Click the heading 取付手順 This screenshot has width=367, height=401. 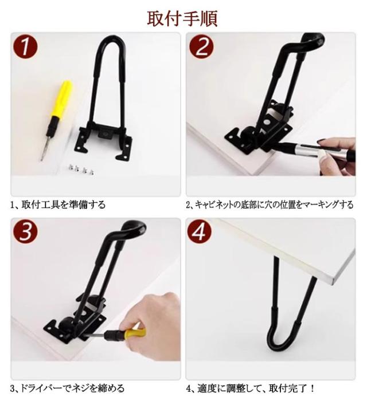(182, 19)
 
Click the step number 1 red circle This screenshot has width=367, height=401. (25, 46)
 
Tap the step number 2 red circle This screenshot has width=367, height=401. (201, 46)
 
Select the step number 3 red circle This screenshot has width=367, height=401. (25, 231)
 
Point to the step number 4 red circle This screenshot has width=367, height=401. (200, 231)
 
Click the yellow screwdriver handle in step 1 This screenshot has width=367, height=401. (61, 98)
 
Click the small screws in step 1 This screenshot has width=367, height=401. (81, 170)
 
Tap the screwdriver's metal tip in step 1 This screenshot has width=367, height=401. (44, 148)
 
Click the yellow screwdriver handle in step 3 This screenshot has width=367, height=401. (135, 333)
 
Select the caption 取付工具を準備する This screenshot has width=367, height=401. (63, 205)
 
